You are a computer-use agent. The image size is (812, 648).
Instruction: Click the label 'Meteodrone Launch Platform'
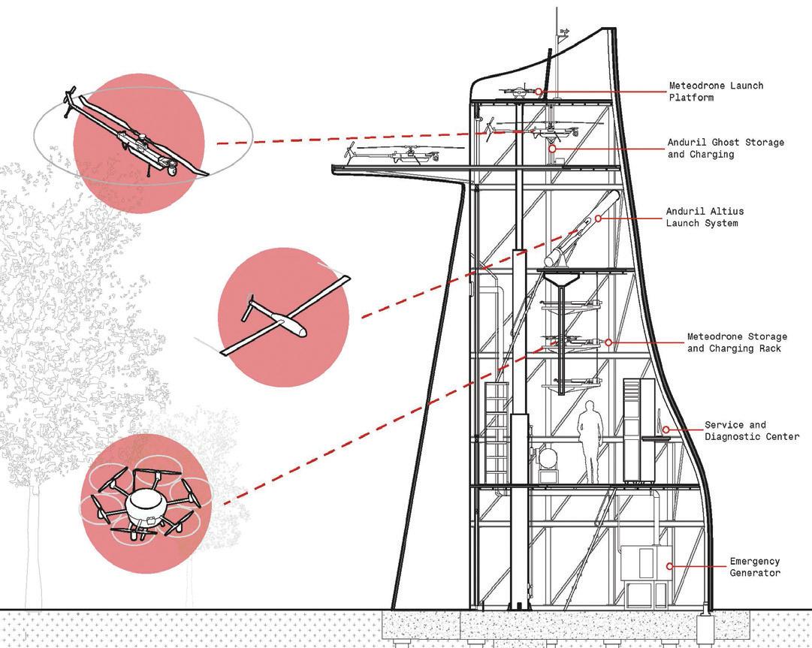tap(705, 92)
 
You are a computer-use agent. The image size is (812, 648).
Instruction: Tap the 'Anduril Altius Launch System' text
tap(705, 217)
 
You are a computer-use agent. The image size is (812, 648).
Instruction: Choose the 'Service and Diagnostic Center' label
tap(751, 431)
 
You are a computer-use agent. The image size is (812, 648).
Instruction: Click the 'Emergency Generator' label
tap(755, 567)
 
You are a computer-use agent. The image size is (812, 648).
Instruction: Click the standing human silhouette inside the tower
tap(590, 441)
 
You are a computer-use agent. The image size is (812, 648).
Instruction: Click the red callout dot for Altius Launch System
tap(599, 219)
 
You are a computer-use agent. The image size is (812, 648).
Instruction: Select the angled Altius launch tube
tap(586, 229)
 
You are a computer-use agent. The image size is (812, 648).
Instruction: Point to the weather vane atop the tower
tap(563, 32)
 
